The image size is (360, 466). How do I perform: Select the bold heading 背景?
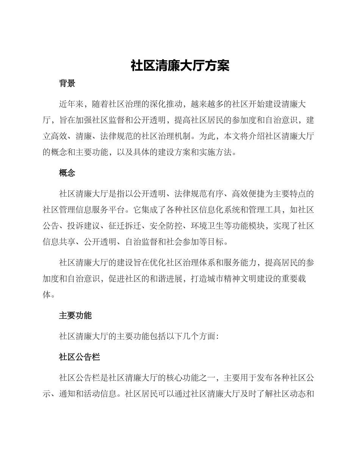click(67, 84)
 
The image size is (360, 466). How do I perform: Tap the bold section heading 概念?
click(67, 173)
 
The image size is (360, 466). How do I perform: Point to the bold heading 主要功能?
click(75, 315)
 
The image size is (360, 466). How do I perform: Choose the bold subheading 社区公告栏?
click(79, 357)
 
